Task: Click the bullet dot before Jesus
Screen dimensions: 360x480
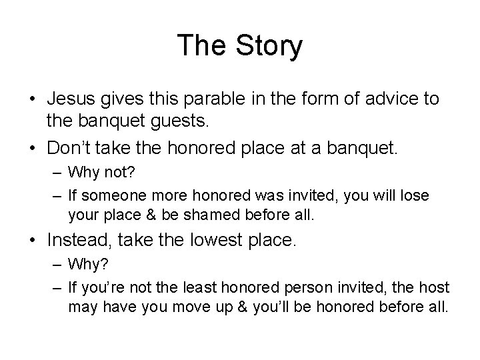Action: tap(31, 100)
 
